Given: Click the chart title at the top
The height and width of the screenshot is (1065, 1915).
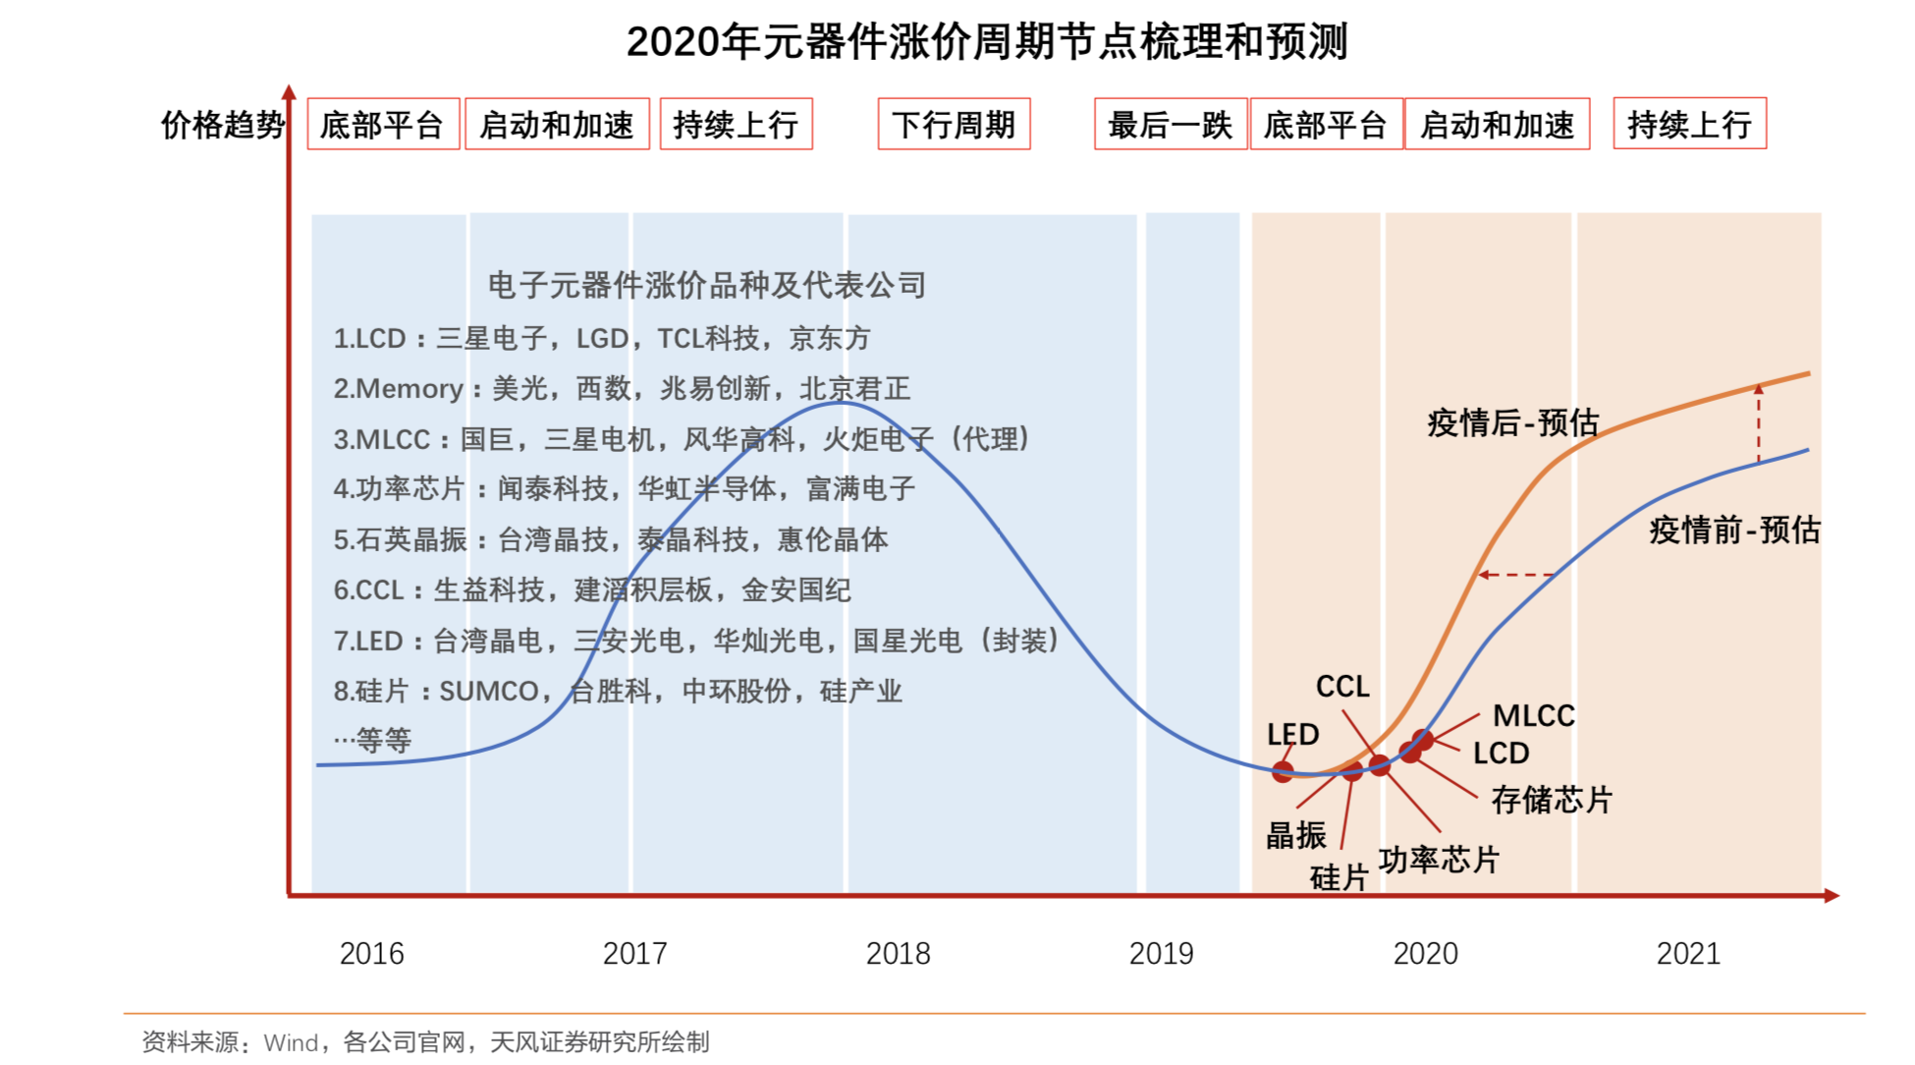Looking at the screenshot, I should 987,41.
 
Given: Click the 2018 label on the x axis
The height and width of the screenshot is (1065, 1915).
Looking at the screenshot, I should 898,953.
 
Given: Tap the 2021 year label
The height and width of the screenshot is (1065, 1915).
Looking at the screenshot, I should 1688,953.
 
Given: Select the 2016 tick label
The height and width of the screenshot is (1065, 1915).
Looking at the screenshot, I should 371,953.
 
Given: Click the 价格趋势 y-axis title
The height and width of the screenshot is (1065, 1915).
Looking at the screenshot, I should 222,125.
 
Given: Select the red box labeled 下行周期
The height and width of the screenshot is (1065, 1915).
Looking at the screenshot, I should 954,124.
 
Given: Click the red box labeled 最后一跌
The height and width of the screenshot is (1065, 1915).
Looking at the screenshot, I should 1170,124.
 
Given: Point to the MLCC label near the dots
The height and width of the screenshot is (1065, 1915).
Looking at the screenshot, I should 1533,715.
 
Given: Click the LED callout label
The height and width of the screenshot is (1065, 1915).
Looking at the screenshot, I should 1292,734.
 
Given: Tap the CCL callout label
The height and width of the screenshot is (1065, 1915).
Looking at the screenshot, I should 1342,686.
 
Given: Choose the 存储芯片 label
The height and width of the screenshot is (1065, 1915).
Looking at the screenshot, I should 1552,800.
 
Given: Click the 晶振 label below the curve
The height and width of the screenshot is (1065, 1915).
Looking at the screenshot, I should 1295,835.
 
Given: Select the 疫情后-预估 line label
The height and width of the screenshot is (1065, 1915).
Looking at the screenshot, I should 1512,422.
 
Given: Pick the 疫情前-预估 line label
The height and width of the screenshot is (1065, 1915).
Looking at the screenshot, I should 1734,530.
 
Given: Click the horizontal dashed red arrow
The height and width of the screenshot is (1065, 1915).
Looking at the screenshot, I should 1516,575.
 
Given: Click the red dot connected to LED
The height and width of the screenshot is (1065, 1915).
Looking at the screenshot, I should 1283,771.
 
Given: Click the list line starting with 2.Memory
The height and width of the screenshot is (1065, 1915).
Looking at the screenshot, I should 621,388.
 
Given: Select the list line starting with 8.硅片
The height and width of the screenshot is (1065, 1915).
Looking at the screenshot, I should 617,691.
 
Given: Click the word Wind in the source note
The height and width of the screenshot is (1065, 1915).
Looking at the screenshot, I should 291,1042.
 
